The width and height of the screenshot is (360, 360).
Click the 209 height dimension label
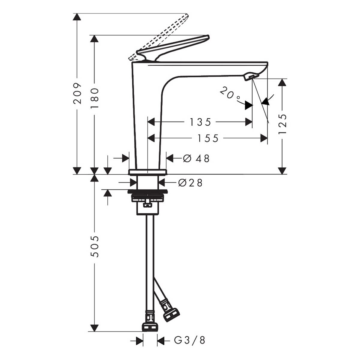click(77, 93)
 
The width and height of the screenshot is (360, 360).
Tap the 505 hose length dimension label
click(94, 247)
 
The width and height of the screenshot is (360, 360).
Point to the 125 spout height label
click(282, 124)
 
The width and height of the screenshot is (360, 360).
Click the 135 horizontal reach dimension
click(200, 122)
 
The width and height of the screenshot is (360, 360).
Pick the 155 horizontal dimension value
click(208, 138)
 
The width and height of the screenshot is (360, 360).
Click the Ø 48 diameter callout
click(196, 159)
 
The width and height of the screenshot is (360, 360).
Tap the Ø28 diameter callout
click(190, 183)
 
